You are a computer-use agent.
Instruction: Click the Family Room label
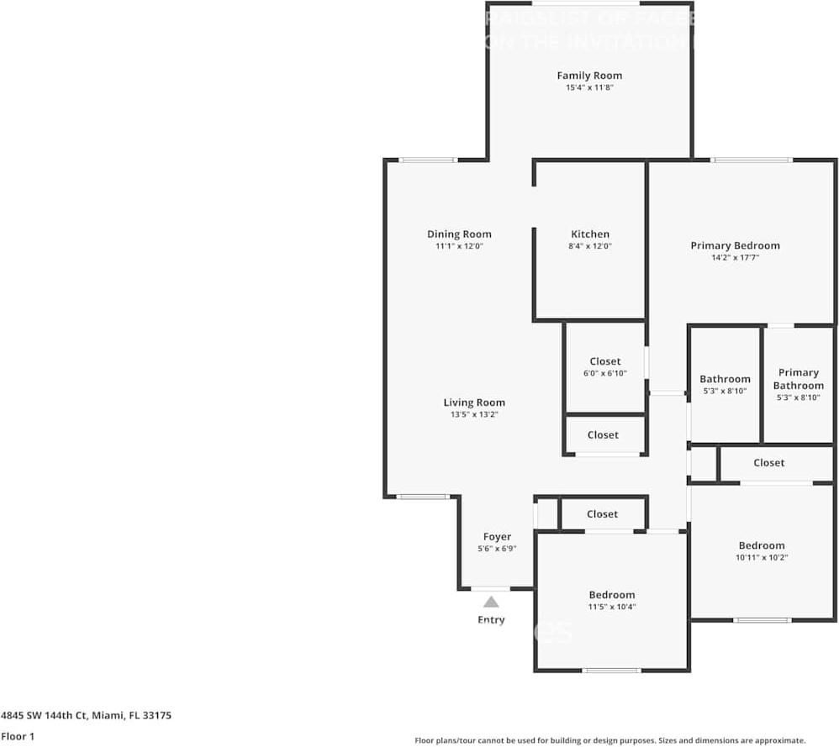[x=589, y=76]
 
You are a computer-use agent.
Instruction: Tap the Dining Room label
[x=459, y=234]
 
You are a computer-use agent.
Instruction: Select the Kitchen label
[x=590, y=234]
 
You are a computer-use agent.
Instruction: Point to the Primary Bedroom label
[x=735, y=245]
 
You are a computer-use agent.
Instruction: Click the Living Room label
[x=474, y=402]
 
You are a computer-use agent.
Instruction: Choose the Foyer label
[x=497, y=537]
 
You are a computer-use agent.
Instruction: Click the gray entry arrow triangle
[x=491, y=602]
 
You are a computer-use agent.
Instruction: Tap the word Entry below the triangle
[x=491, y=620]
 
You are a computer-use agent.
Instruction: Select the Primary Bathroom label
[x=798, y=379]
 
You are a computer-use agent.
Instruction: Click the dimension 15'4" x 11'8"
[x=589, y=87]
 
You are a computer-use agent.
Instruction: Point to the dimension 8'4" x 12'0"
[x=590, y=246]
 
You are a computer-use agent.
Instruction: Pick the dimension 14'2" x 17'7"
[x=735, y=258]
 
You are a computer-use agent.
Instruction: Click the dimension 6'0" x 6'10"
[x=604, y=373]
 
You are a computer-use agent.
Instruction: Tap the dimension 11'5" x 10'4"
[x=611, y=607]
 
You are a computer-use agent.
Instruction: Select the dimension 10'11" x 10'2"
[x=762, y=557]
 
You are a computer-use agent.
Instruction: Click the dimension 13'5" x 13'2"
[x=474, y=414]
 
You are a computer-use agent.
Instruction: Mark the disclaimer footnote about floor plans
[x=609, y=740]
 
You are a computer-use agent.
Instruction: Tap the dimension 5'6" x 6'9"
[x=497, y=549]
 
